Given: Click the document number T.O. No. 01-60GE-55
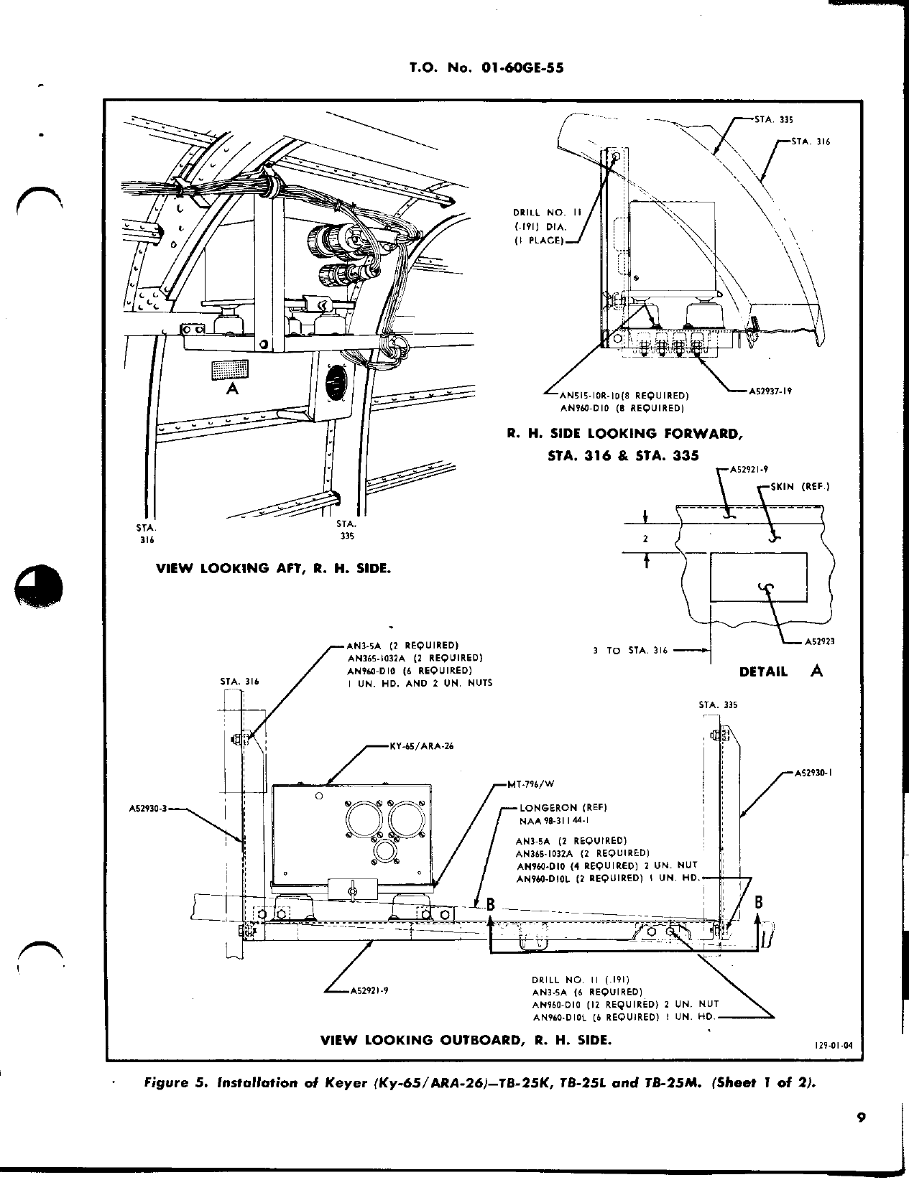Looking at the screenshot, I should pos(486,68).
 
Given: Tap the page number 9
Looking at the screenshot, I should pos(860,1137).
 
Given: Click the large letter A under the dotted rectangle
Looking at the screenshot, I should pos(231,389).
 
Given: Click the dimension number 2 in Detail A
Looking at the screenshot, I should pos(645,539).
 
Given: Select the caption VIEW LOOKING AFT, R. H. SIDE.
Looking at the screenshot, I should pos(274,567).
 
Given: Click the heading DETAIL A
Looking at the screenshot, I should pos(780,671).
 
